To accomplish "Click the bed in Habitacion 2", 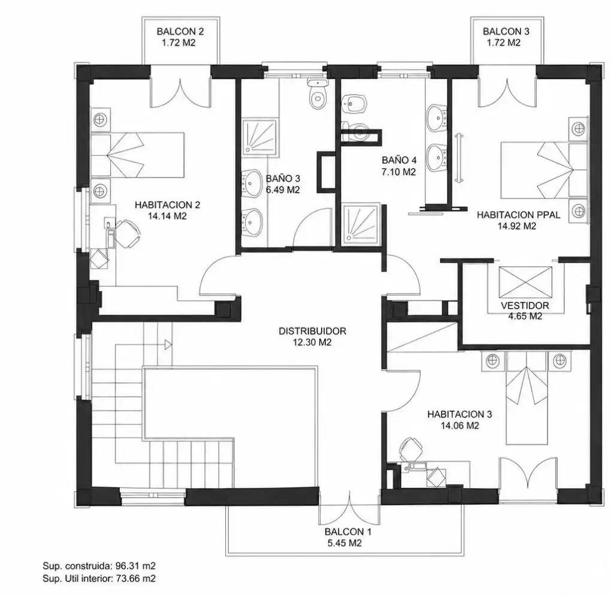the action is (x=137, y=155).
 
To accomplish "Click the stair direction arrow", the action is (x=168, y=345).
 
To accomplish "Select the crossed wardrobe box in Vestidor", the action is (x=525, y=282).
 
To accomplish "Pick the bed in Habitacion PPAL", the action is (x=543, y=170).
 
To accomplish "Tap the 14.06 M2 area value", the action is (x=460, y=426).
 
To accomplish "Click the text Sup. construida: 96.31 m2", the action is (x=99, y=566).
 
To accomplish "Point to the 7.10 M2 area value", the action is (x=398, y=172).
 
